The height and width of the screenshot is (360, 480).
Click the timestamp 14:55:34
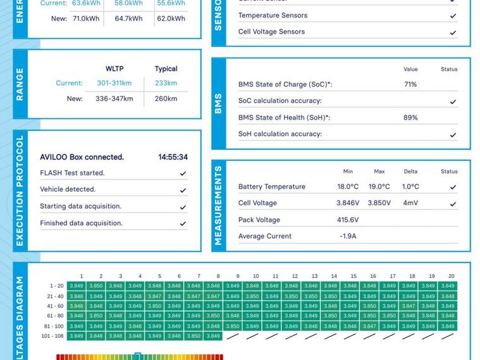coord(173,157)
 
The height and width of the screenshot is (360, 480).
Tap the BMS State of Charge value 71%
coord(410,84)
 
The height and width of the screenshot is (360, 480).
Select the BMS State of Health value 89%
coord(410,117)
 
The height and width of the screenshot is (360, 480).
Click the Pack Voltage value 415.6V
coord(348,220)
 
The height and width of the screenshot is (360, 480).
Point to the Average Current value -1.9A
coord(348,236)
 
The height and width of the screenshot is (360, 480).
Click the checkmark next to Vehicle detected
coord(183,190)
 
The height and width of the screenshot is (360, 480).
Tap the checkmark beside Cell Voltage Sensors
coord(453,32)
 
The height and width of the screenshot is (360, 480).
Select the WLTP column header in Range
coord(114,69)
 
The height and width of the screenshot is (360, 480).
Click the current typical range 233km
coord(166,83)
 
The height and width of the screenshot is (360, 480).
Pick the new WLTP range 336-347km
coord(114,99)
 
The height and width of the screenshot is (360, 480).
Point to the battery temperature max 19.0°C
coord(379,187)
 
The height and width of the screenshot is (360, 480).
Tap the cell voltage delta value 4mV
coord(410,203)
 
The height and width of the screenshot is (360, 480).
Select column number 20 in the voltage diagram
coord(451,276)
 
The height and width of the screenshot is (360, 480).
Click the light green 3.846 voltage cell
coord(77,306)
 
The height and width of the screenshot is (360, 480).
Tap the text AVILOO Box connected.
coord(82,157)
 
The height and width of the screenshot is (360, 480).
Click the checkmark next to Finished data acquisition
coord(183,223)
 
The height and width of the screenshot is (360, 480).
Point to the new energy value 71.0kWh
coord(86,19)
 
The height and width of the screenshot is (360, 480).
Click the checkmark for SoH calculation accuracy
coord(453,135)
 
